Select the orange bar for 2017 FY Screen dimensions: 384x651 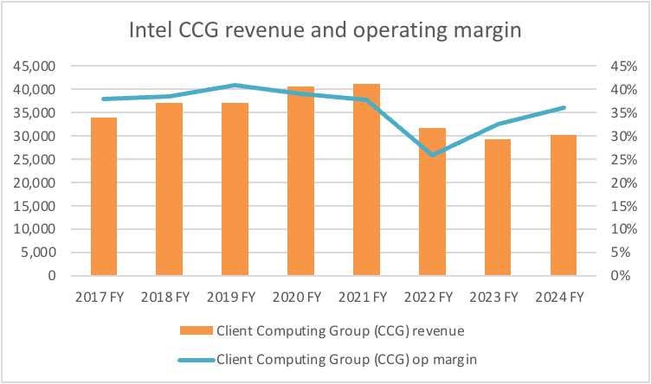tap(104, 196)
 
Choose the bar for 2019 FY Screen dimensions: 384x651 tap(235, 189)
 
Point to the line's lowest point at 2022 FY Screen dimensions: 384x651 tap(432, 155)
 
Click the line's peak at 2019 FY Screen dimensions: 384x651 tap(235, 85)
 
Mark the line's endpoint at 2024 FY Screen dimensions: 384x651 tap(564, 107)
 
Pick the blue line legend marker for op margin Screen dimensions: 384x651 tap(196, 358)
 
